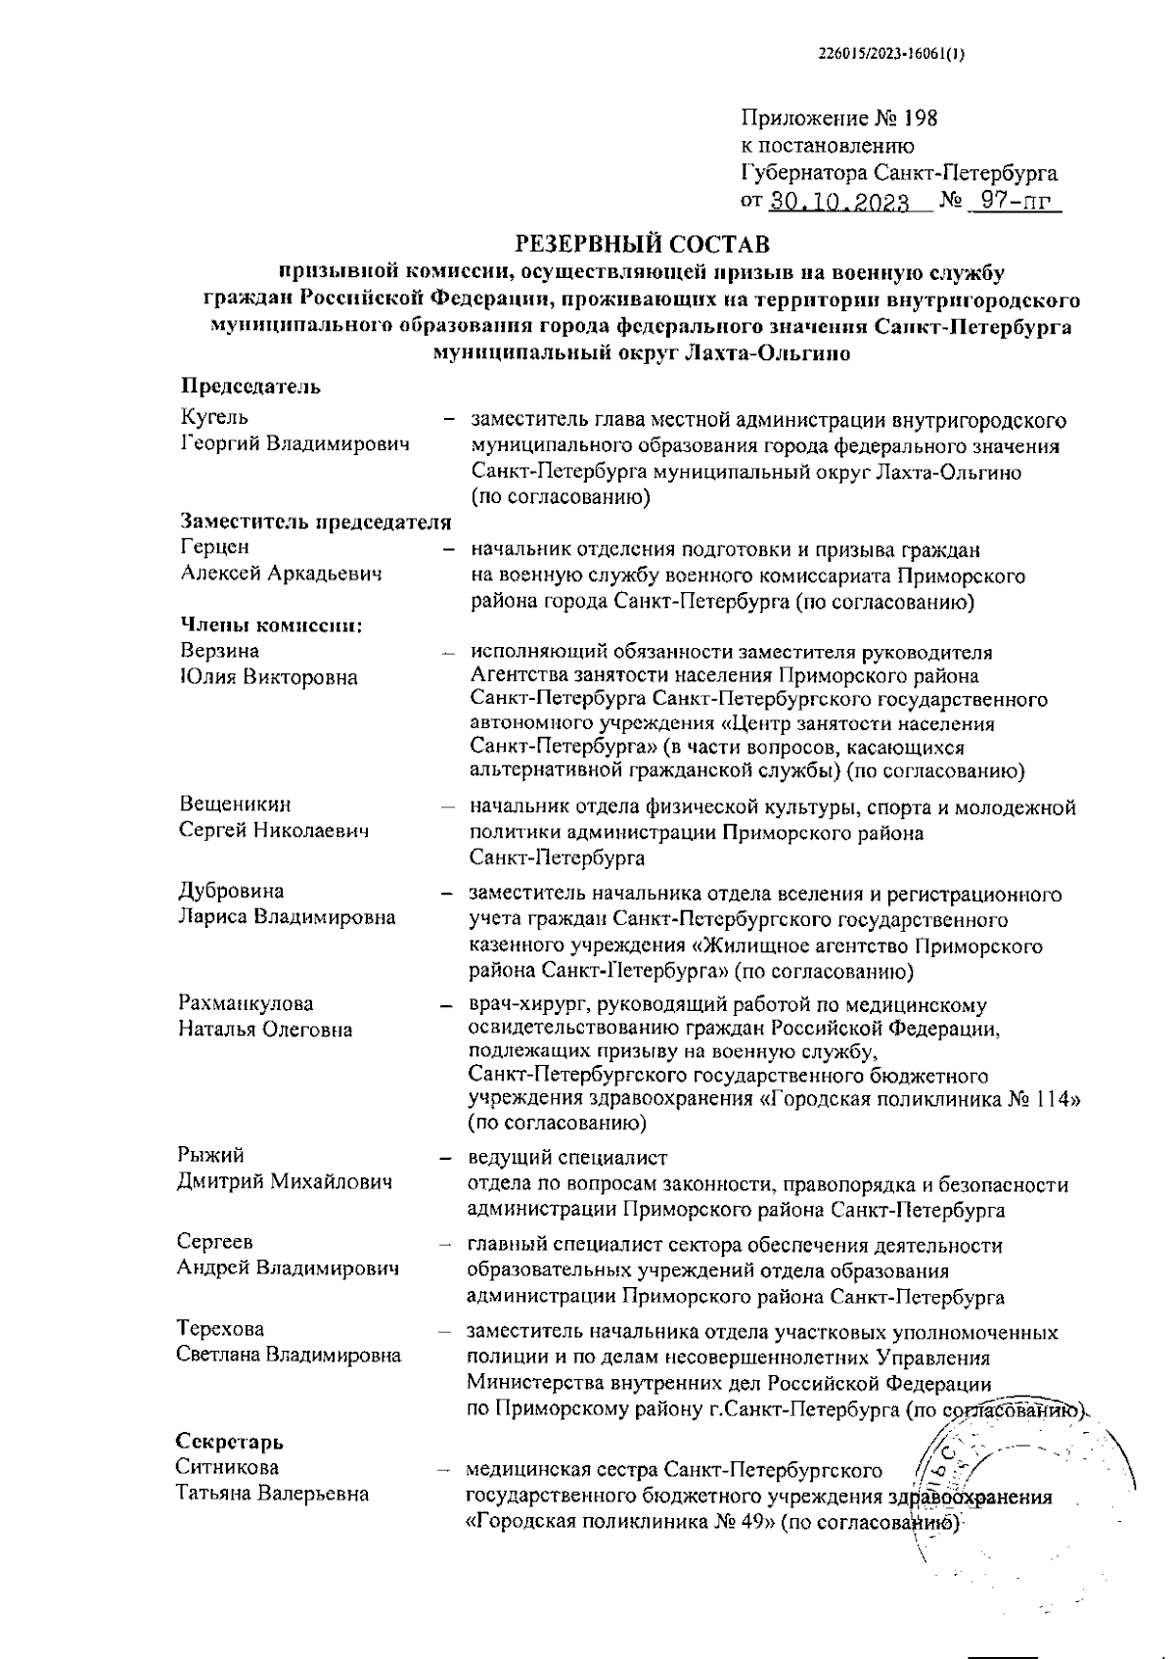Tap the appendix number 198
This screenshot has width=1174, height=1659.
(x=920, y=119)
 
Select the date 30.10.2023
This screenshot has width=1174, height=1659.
(x=839, y=203)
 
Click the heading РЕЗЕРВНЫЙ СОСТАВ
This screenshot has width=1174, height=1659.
(x=642, y=242)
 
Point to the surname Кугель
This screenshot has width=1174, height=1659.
(x=214, y=419)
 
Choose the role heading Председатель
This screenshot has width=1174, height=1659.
(x=251, y=387)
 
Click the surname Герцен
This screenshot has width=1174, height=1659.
(x=215, y=547)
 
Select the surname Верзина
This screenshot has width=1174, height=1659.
(x=220, y=651)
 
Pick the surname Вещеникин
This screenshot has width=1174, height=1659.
(x=236, y=805)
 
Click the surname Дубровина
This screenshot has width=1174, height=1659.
(x=232, y=892)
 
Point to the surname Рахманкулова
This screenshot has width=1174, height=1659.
(x=247, y=1003)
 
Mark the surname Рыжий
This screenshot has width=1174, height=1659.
(x=210, y=1156)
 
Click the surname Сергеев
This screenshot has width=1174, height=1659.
(x=215, y=1242)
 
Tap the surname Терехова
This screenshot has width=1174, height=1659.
(x=221, y=1329)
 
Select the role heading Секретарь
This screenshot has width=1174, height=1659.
(x=230, y=1442)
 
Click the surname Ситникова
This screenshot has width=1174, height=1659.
(x=228, y=1467)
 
